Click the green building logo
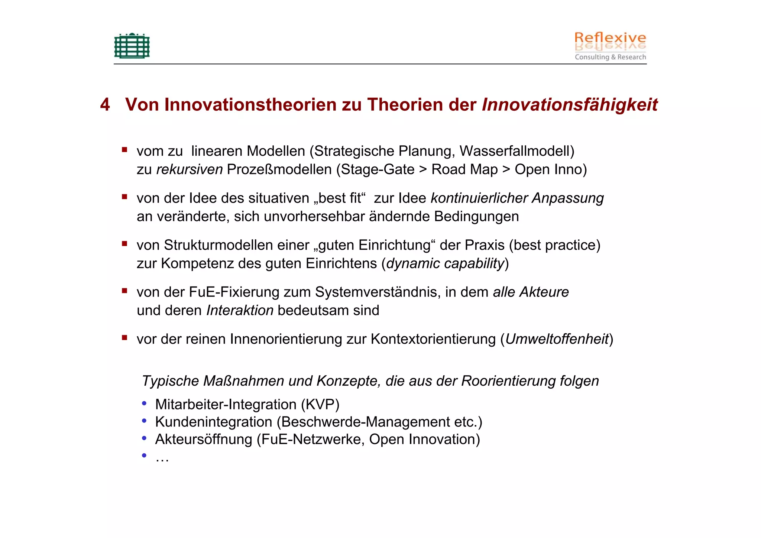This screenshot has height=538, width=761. click(132, 46)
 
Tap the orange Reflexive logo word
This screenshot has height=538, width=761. click(610, 38)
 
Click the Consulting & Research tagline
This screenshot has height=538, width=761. click(610, 57)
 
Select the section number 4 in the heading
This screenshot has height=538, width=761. click(105, 105)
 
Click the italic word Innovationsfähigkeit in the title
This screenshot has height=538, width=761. click(569, 105)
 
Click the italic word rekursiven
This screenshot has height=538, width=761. click(190, 169)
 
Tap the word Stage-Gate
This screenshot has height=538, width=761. click(377, 169)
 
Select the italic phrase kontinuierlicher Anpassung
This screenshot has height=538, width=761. click(517, 198)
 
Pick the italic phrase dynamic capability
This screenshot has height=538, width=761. click(445, 263)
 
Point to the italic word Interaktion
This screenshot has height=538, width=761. click(240, 310)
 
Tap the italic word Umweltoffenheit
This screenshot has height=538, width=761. click(557, 339)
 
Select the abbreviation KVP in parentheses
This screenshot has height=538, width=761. click(320, 405)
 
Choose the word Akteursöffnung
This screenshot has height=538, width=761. click(204, 440)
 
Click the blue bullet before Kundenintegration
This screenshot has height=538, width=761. click(144, 421)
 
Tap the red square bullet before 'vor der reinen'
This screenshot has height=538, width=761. click(124, 338)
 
